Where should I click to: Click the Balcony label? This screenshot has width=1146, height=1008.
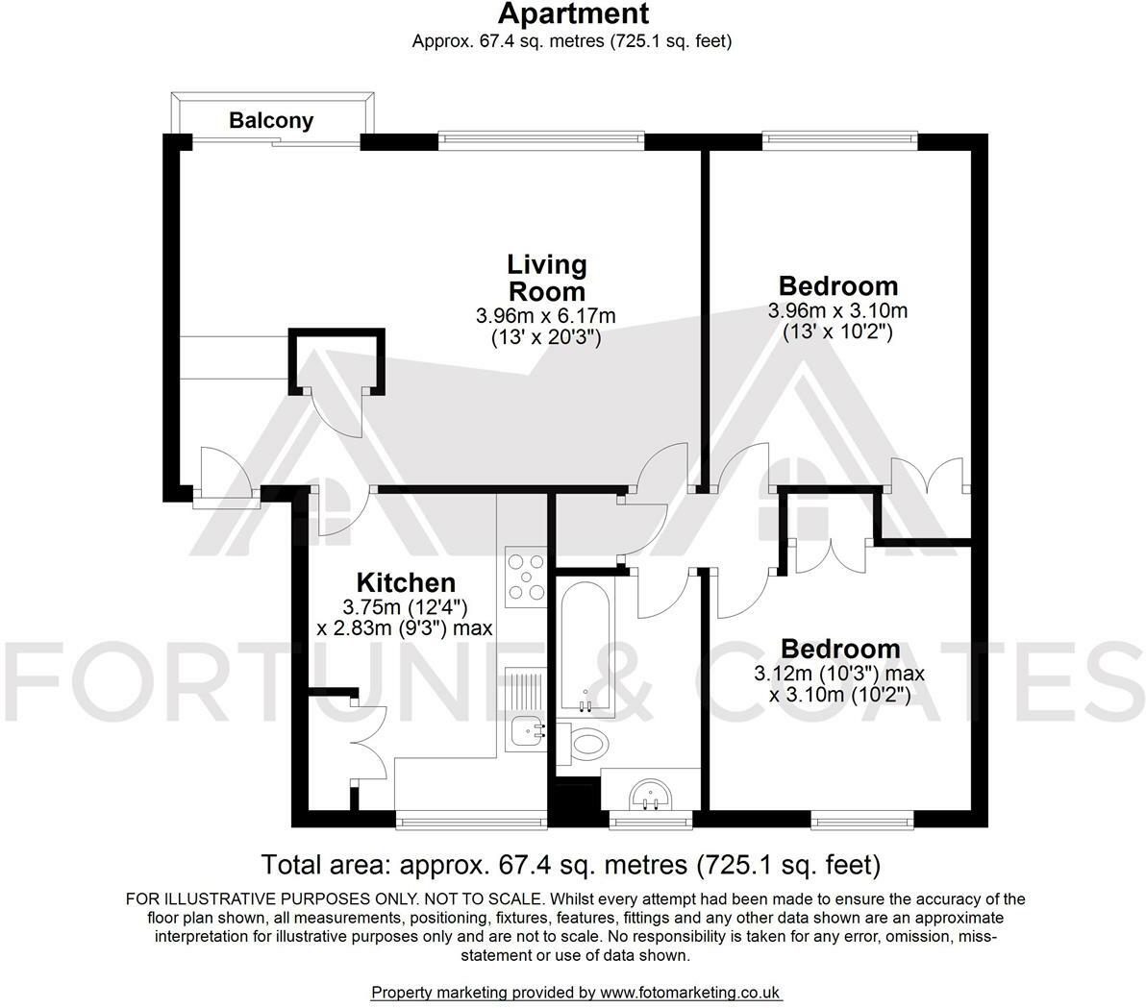pyautogui.click(x=271, y=121)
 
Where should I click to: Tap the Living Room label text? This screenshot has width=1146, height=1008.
pyautogui.click(x=546, y=278)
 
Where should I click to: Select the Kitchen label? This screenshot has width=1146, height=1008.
pyautogui.click(x=406, y=582)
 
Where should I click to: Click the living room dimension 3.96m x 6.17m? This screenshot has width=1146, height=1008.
pyautogui.click(x=545, y=315)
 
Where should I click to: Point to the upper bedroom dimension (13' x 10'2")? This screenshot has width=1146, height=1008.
pyautogui.click(x=837, y=332)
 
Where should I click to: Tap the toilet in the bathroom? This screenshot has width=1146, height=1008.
pyautogui.click(x=586, y=741)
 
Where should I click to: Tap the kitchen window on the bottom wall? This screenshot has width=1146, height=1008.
pyautogui.click(x=471, y=820)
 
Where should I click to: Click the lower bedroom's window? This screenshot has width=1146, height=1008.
pyautogui.click(x=862, y=820)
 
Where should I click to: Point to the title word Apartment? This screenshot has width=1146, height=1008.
pyautogui.click(x=572, y=14)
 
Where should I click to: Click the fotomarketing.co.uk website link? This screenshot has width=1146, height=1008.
pyautogui.click(x=690, y=992)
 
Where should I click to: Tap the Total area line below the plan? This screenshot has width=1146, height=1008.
pyautogui.click(x=571, y=864)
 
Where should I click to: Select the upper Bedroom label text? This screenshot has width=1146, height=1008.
pyautogui.click(x=837, y=286)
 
